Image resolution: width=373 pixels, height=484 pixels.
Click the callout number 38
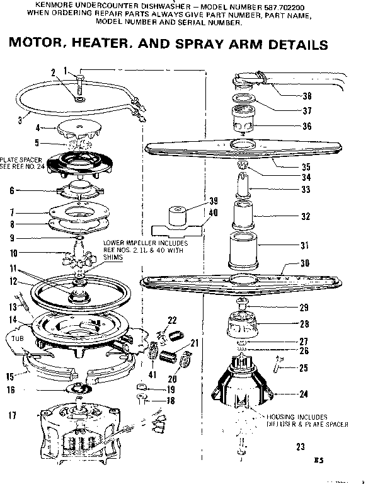[x=307, y=96]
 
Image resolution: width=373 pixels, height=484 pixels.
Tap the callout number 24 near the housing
[x=304, y=395]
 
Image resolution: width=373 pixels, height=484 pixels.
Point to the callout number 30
[x=306, y=264]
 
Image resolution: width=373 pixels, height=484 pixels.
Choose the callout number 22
[x=171, y=320]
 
